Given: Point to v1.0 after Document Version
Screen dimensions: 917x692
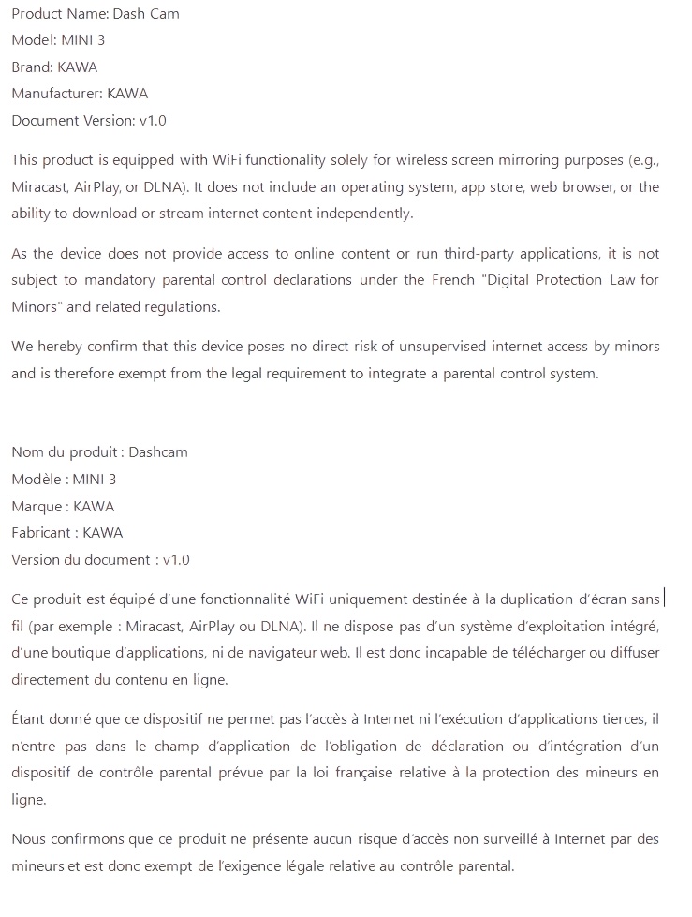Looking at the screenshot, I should point(153,121).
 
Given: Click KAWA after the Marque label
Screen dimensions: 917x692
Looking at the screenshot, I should point(94,507).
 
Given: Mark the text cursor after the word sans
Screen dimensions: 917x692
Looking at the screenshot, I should point(665,598).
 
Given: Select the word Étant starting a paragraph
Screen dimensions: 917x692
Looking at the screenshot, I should point(30,719).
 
